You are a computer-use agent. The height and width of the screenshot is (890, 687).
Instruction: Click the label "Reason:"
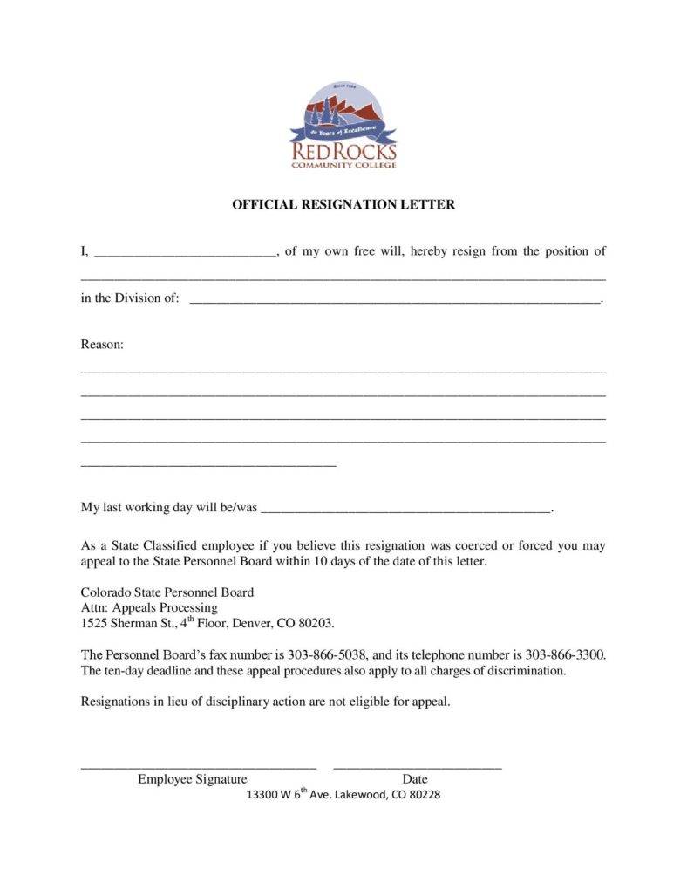point(103,345)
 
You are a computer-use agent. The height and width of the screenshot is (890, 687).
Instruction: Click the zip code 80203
point(316,624)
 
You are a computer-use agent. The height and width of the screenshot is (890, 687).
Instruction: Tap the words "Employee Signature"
point(192,779)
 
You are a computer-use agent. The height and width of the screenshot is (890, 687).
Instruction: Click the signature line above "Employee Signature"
point(198,767)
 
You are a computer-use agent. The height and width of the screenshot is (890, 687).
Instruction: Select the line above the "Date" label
point(418,767)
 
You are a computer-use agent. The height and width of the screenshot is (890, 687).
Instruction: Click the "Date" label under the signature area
point(415,779)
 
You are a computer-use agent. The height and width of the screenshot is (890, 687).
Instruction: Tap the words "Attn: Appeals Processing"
point(149,607)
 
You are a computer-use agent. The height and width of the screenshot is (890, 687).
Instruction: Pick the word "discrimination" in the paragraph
point(527,671)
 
